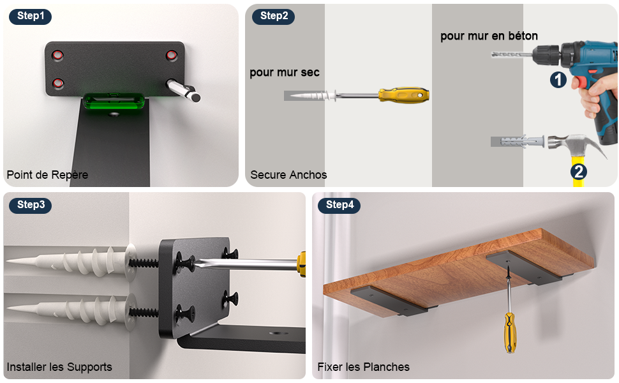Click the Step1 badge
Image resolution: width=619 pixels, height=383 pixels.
click(31, 17)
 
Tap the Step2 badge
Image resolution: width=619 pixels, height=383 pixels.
click(274, 17)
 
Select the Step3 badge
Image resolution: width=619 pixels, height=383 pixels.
click(31, 205)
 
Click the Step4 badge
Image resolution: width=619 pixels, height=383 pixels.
click(339, 205)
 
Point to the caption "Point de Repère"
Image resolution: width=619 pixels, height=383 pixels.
click(47, 174)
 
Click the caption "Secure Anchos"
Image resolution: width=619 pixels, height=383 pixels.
click(288, 174)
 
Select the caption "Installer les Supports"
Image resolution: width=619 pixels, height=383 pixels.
click(59, 367)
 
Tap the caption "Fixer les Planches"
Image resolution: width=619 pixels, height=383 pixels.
click(364, 367)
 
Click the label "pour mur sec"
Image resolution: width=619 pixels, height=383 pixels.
click(285, 72)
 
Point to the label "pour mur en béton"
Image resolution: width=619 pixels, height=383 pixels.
click(489, 36)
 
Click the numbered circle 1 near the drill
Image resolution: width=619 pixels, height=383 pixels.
click(558, 80)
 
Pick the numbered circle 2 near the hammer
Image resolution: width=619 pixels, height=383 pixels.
click(579, 171)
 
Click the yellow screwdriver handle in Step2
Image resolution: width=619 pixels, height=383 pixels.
click(403, 95)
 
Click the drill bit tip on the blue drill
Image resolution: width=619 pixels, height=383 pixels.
click(495, 56)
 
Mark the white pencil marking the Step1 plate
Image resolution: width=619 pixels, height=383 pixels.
click(184, 91)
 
